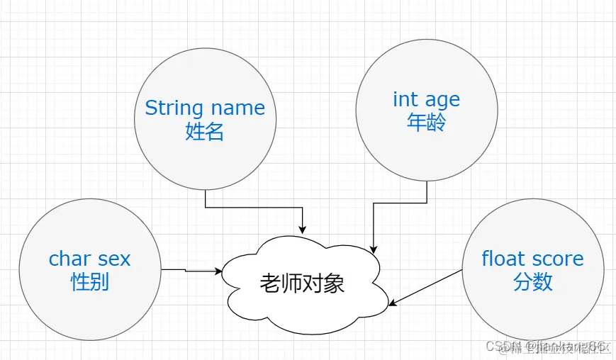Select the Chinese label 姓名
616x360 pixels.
205,131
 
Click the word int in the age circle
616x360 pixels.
404,99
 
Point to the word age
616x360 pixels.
442,101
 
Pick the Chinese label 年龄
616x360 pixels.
426,123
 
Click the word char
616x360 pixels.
70,259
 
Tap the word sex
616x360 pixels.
115,259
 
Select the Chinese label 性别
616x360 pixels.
90,282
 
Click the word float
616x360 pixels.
503,259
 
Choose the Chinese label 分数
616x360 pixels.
532,282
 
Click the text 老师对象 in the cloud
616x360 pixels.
302,283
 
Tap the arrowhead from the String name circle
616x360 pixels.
303,229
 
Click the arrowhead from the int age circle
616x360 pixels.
374,249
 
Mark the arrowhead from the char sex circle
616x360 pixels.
218,271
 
